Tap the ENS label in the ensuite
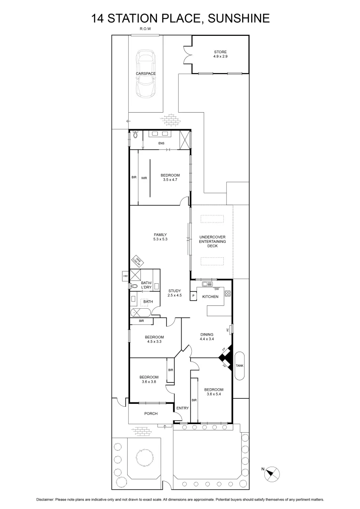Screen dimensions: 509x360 click(161, 143)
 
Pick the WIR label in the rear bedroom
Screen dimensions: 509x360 click(144, 178)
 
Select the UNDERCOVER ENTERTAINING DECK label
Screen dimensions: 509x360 click(213, 241)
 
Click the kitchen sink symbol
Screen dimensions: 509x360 click(206, 284)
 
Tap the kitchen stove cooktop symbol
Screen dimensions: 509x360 click(228, 294)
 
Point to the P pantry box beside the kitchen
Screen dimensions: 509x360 click(193, 296)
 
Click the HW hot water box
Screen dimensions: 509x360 click(125, 276)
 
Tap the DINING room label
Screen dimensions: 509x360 click(207, 336)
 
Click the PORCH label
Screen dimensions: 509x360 click(151, 413)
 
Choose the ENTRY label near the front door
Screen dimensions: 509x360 click(182, 408)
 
